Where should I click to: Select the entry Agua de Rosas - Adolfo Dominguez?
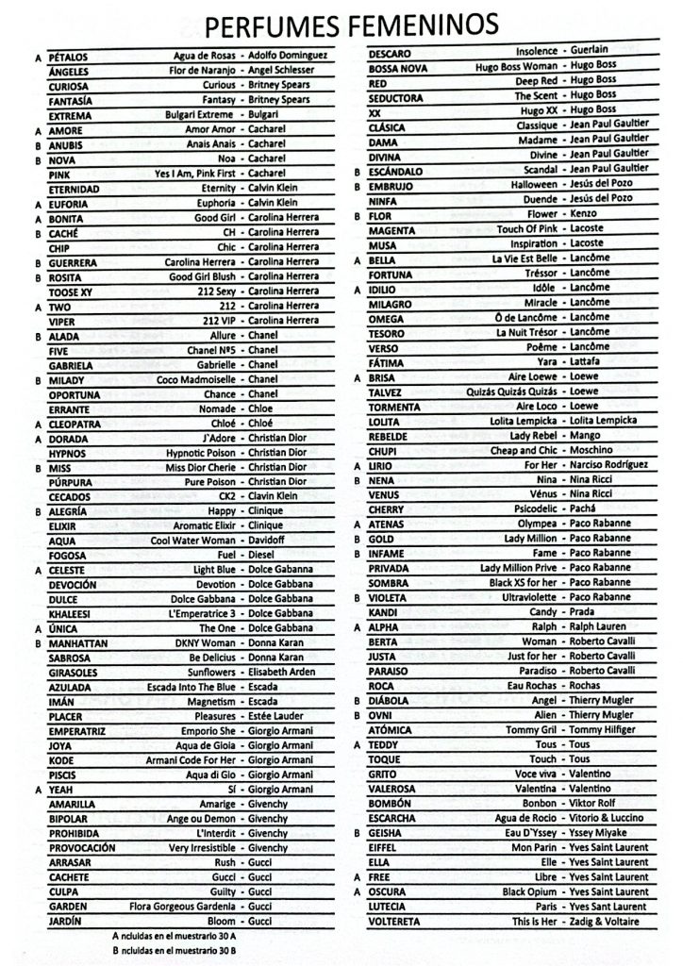point(251,56)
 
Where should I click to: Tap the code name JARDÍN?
point(65,920)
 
